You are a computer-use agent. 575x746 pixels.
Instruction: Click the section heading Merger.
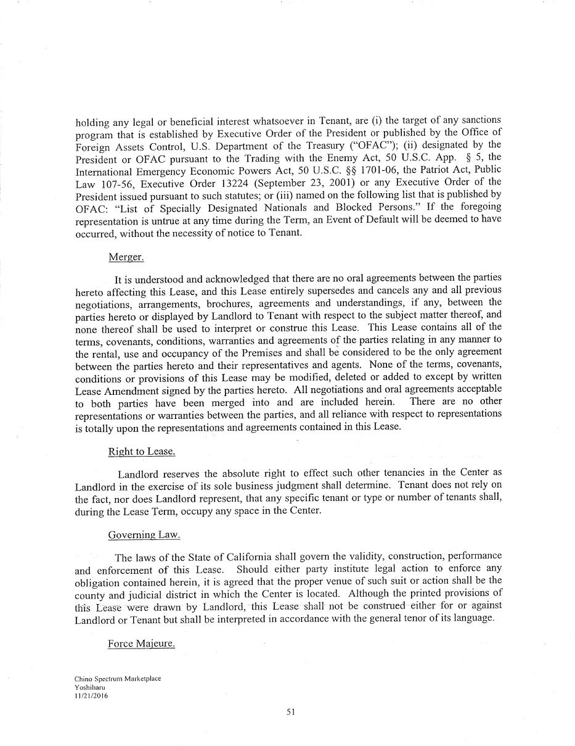(126, 257)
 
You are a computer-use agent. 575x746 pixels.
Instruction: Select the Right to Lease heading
(141, 452)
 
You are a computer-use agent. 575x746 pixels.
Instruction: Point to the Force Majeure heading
(141, 644)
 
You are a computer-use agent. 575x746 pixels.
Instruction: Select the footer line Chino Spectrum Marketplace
(118, 679)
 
